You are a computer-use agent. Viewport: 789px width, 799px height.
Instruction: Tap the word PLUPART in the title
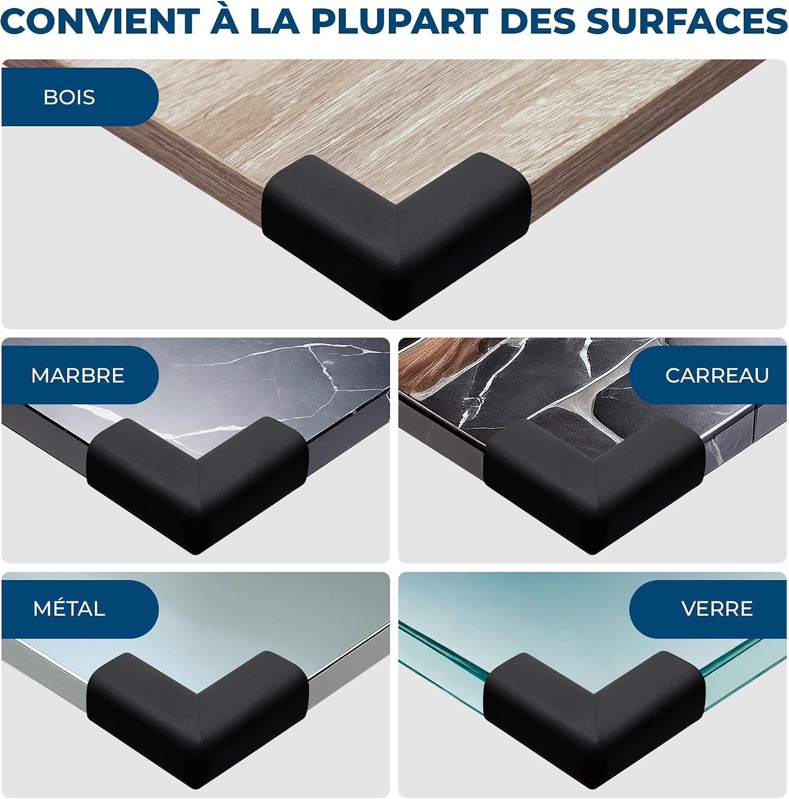click(x=399, y=22)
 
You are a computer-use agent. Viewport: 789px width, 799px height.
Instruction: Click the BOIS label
click(x=69, y=97)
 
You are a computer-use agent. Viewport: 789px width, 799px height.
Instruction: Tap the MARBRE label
click(x=78, y=376)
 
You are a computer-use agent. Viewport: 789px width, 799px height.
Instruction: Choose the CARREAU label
click(x=717, y=376)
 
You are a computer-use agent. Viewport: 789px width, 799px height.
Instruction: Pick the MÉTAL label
click(x=69, y=609)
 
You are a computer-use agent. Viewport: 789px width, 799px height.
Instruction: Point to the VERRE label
click(x=717, y=609)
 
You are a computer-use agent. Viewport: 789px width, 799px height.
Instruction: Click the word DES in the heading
click(x=536, y=22)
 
